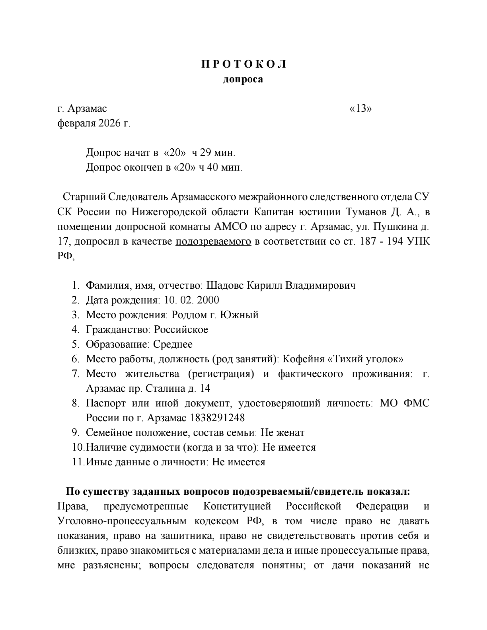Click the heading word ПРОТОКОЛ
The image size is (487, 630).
pos(243,64)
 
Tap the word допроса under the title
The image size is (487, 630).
pos(243,79)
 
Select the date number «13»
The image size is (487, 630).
pos(360,109)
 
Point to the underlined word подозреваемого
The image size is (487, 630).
pos(213,241)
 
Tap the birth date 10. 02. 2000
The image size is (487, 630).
pos(191,300)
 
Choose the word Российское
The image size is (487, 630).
pos(181,330)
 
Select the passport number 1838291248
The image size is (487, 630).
pos(217,418)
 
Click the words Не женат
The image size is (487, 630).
pos(285,433)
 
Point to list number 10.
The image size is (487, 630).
pos(78,447)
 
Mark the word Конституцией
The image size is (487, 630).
pos(237,506)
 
